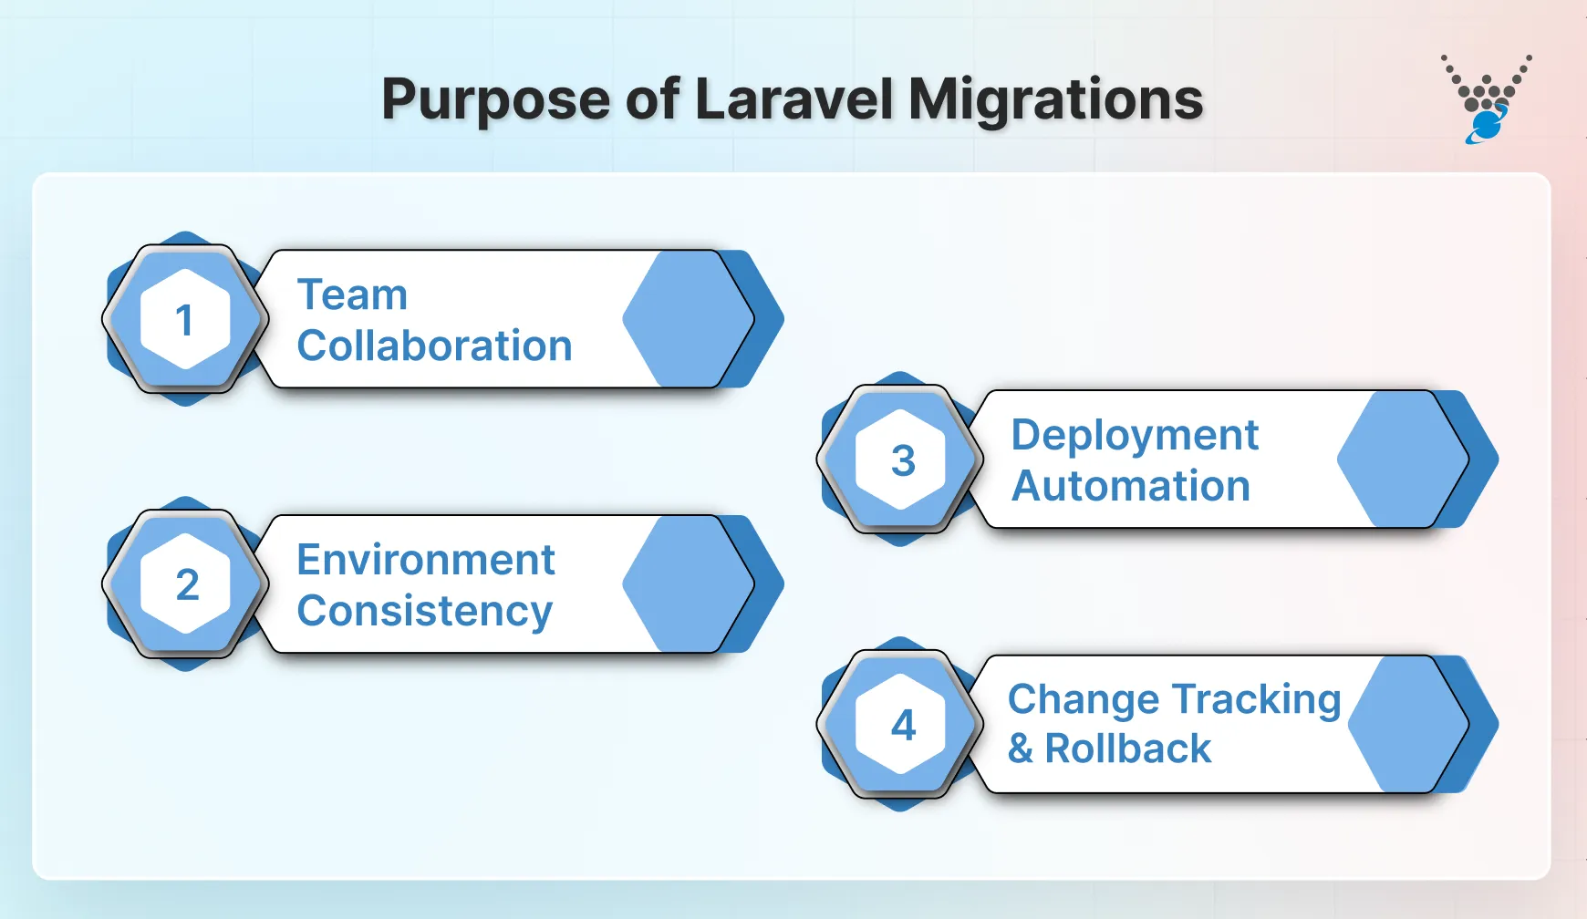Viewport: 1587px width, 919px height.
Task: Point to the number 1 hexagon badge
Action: pos(185,319)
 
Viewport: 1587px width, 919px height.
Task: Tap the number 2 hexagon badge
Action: pos(185,583)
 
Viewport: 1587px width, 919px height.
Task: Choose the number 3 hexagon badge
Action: pos(901,459)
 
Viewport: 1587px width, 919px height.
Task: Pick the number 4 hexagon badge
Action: pos(901,724)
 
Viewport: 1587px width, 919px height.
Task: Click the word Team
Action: pos(352,294)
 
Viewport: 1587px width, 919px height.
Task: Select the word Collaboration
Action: pos(434,346)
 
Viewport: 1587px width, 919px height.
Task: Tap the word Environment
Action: pos(426,559)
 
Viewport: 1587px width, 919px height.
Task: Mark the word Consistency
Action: pos(424,611)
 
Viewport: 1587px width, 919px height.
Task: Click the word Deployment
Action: pos(1135,435)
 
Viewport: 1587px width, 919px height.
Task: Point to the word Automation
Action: pos(1131,486)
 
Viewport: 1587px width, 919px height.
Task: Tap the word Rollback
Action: pos(1127,749)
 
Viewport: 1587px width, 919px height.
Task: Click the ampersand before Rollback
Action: pos(1021,749)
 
